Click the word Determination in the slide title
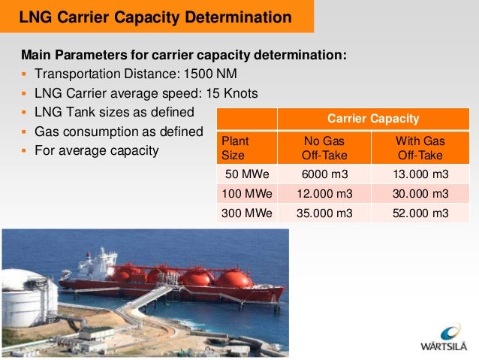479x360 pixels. coord(240,17)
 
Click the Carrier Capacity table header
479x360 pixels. coord(373,119)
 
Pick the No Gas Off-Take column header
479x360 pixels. coord(324,148)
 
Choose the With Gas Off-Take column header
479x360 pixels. coord(420,148)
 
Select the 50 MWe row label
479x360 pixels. coord(246,174)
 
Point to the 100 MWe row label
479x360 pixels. coord(246,194)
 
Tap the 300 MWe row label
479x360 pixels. coord(246,213)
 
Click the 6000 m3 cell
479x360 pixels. coord(324,174)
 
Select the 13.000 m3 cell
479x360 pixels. coord(420,174)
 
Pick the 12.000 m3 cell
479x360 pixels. coord(324,194)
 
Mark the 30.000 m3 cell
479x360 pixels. coord(420,194)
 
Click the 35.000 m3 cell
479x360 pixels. coord(324,213)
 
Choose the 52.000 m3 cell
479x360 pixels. coord(420,213)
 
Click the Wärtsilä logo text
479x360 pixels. coord(440,346)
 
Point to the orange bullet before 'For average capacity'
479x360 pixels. coord(25,151)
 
